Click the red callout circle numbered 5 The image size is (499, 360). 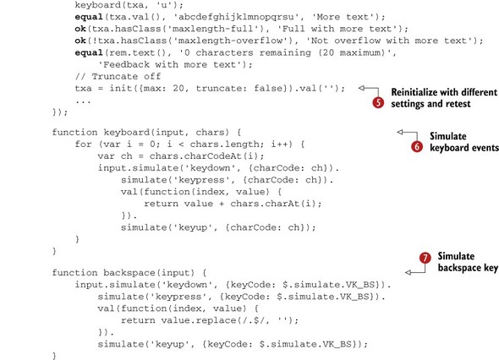[x=378, y=103]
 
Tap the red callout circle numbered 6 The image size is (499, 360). [x=417, y=146]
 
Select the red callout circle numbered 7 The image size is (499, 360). [x=425, y=258]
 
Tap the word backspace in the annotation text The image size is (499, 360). [x=459, y=268]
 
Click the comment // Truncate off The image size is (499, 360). [x=118, y=76]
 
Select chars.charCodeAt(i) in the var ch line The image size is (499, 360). [x=207, y=155]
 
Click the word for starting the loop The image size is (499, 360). [x=84, y=144]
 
